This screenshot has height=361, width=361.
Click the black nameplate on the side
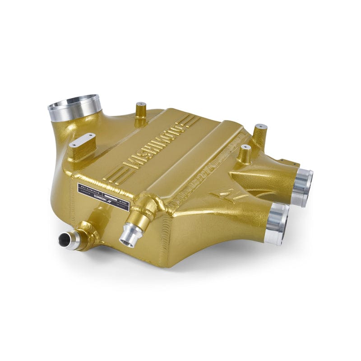point(104,195)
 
